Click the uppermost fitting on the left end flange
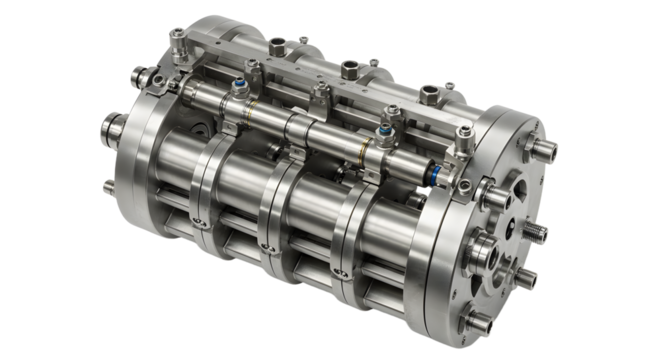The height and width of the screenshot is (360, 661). point(139,76)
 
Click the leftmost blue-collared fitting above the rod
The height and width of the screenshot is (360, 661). point(240,87)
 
